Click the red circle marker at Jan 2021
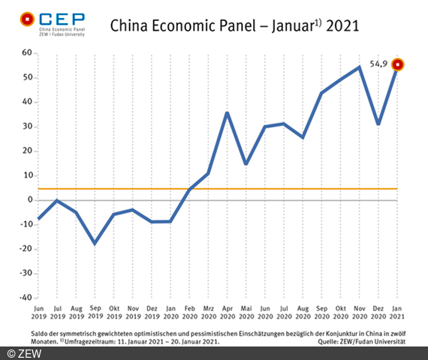399,64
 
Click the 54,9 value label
379,64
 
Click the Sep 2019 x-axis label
95,311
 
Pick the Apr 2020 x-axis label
227,311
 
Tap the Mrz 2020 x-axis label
208,311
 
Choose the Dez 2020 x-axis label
378,311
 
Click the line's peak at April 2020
227,113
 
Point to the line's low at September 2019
95,243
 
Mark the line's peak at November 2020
360,67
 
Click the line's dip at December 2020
378,124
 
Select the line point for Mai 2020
246,163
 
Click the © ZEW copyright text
24,352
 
